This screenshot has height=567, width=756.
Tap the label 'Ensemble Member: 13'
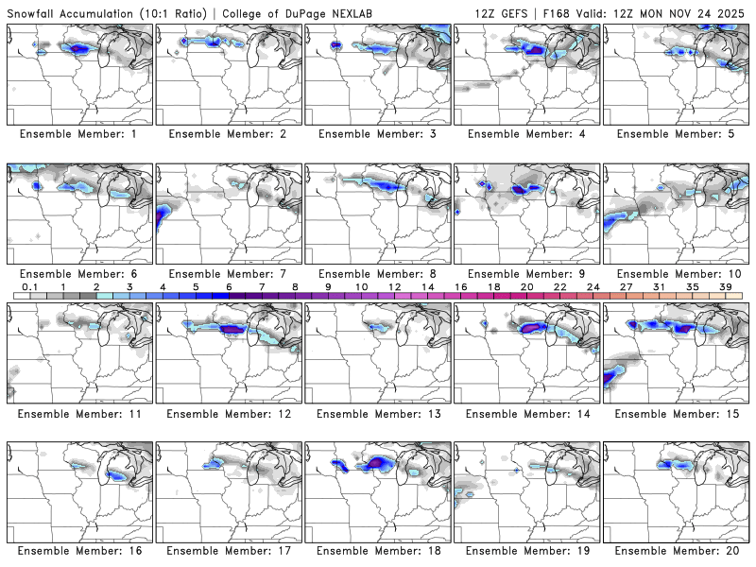pos(378,413)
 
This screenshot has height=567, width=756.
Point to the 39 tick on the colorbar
pos(726,286)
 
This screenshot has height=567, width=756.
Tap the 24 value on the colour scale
pos(593,286)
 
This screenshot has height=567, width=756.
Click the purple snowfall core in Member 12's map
pos(231,329)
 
